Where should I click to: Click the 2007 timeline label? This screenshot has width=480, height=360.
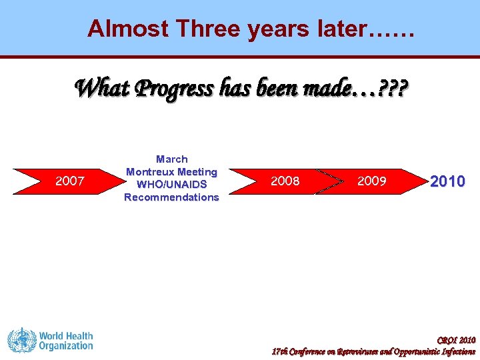pyautogui.click(x=69, y=181)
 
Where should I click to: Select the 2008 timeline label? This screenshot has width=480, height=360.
pyautogui.click(x=285, y=181)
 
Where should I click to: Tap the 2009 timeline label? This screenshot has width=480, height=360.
pyautogui.click(x=371, y=181)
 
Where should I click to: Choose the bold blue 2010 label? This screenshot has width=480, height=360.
pyautogui.click(x=447, y=181)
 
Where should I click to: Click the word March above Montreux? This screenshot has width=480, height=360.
pyautogui.click(x=171, y=159)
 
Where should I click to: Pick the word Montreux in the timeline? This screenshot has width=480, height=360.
pyautogui.click(x=149, y=172)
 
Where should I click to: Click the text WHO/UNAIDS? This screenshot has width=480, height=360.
pyautogui.click(x=171, y=185)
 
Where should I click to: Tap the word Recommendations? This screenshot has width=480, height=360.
pyautogui.click(x=171, y=197)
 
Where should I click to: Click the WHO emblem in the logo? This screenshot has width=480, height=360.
pyautogui.click(x=21, y=341)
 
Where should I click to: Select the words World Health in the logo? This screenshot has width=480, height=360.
pyautogui.click(x=65, y=336)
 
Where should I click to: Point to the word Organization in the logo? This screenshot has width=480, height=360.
pyautogui.click(x=65, y=346)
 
